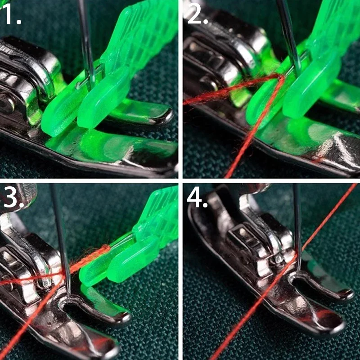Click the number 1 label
point(12,14)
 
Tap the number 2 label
point(198,14)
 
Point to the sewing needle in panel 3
point(60,239)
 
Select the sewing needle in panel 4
point(297,227)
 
